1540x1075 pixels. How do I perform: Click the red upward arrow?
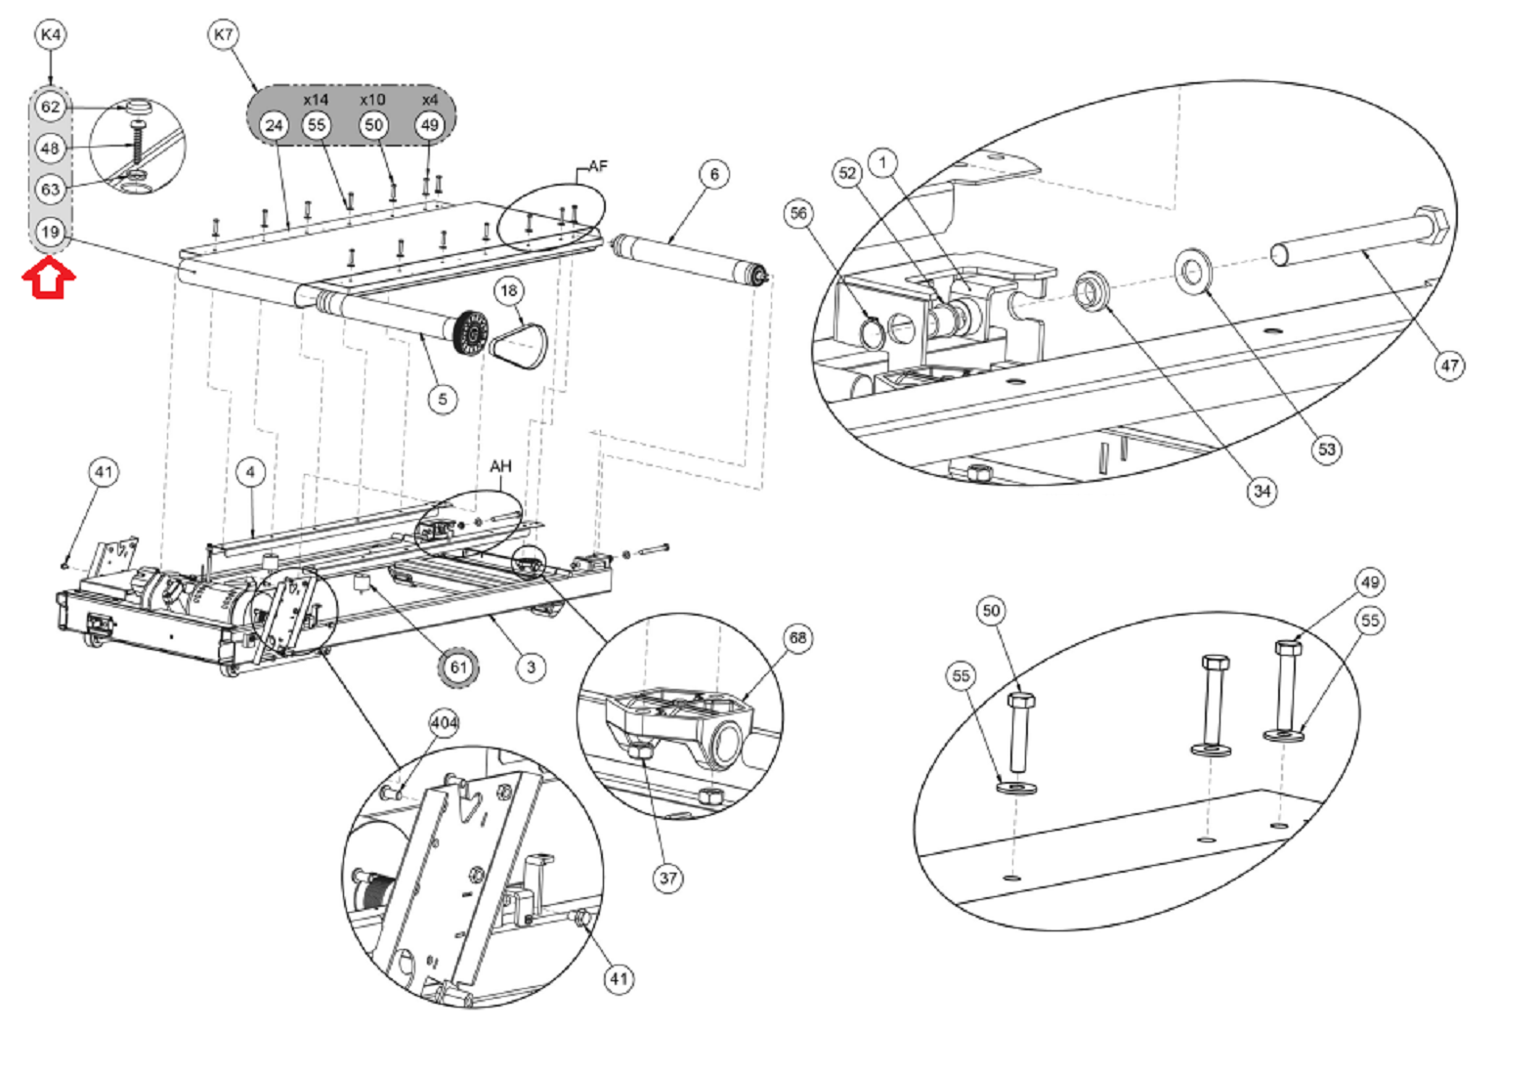(x=49, y=278)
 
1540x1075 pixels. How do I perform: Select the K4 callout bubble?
(x=50, y=33)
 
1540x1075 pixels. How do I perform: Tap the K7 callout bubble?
(x=224, y=33)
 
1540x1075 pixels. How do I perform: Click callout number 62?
(x=50, y=107)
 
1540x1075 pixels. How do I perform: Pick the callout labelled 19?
(x=50, y=232)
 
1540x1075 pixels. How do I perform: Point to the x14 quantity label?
(x=316, y=100)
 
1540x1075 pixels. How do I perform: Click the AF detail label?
(x=598, y=166)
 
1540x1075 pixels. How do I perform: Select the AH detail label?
(x=500, y=465)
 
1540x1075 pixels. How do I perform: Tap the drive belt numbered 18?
(x=518, y=346)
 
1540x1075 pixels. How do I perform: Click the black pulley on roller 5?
(x=472, y=333)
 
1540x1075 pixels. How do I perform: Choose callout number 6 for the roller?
(x=714, y=174)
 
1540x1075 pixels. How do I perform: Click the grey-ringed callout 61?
(x=458, y=666)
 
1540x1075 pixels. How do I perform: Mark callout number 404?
(x=445, y=723)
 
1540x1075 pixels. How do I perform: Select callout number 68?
(x=797, y=637)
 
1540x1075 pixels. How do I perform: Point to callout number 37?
(x=668, y=879)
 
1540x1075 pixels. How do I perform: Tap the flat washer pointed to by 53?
(x=1193, y=271)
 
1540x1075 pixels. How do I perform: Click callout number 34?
(x=1262, y=491)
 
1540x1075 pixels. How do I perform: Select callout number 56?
(x=798, y=213)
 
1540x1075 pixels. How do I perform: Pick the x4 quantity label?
(x=430, y=100)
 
